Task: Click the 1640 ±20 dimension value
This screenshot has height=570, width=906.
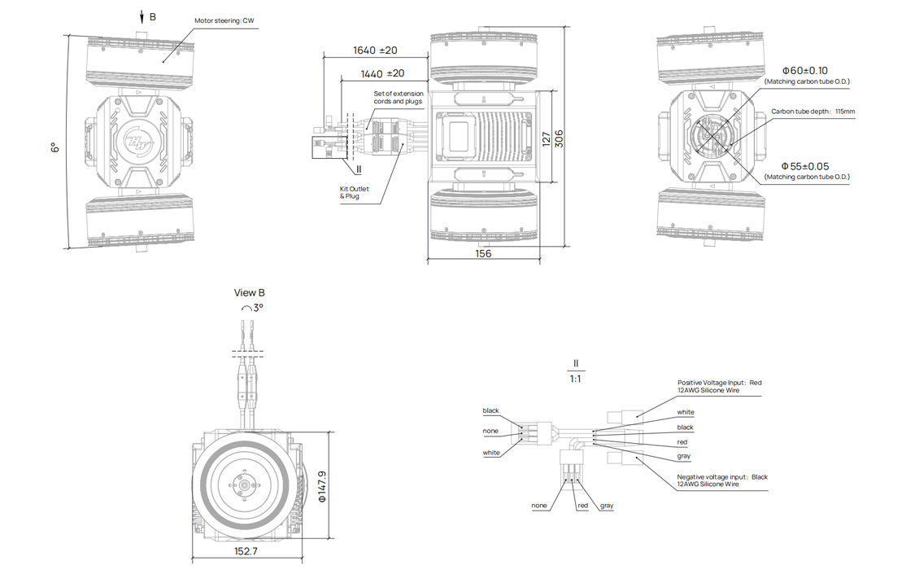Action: click(x=375, y=50)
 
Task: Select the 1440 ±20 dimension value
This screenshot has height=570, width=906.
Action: click(x=382, y=73)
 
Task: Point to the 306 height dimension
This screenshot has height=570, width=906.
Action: click(x=559, y=139)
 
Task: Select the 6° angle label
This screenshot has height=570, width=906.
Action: click(x=54, y=147)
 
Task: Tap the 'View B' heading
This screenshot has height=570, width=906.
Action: click(x=250, y=293)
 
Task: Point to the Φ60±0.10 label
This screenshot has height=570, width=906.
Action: click(x=805, y=72)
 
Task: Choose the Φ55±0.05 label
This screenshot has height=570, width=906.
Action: click(x=805, y=166)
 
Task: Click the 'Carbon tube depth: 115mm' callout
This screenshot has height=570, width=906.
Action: click(x=813, y=112)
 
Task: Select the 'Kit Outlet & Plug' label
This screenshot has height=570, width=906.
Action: click(x=354, y=192)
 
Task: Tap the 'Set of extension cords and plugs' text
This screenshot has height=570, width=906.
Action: click(x=399, y=98)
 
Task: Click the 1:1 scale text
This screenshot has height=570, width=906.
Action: click(x=575, y=379)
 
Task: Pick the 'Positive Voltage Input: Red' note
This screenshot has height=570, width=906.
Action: click(x=720, y=383)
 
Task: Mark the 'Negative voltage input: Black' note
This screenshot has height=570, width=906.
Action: click(x=722, y=477)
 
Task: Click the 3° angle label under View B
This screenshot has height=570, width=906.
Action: click(x=254, y=309)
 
